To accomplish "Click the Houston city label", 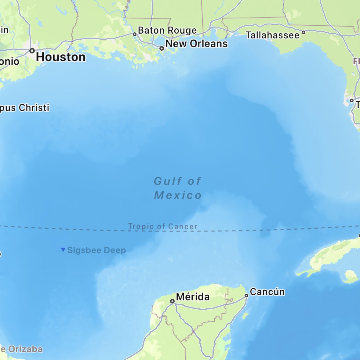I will tap(61, 57).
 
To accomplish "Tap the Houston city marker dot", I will tap(32, 51).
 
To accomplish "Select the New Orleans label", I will tap(196, 44).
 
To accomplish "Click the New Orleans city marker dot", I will tap(162, 48).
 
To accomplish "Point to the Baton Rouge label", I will tap(167, 31).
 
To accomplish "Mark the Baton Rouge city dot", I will tap(135, 34).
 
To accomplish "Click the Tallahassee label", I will tap(273, 35).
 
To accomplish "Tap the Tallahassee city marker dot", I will tap(304, 32).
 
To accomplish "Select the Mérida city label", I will tap(193, 296).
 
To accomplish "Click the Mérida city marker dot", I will tap(172, 301).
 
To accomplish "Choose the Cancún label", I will tap(267, 292).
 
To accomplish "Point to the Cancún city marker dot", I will tap(246, 295).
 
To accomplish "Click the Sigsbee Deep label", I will tap(96, 250).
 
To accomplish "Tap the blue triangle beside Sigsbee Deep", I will tap(63, 249).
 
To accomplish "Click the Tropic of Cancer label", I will tap(163, 227).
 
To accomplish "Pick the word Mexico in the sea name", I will tap(178, 195).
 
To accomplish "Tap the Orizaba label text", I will tap(25, 349).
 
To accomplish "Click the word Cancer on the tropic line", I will tap(183, 227).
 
